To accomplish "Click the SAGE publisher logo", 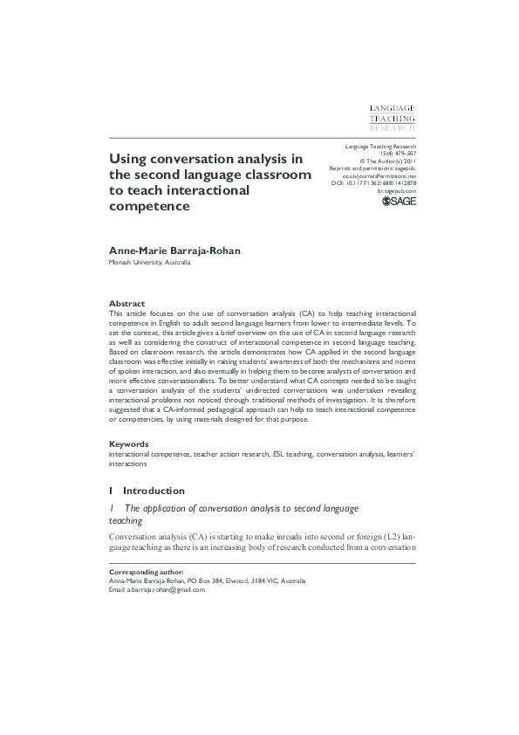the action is (399, 203).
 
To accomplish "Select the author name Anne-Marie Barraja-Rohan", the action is (174, 251).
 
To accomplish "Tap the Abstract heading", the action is (126, 303).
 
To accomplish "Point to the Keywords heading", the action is (129, 444).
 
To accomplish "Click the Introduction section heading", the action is (154, 491).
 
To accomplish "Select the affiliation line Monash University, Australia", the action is (149, 262).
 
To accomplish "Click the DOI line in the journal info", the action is (373, 182).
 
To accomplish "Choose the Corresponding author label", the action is (146, 573).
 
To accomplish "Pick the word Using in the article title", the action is (128, 160).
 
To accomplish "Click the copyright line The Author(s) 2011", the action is (390, 161).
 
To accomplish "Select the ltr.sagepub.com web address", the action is (397, 190).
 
